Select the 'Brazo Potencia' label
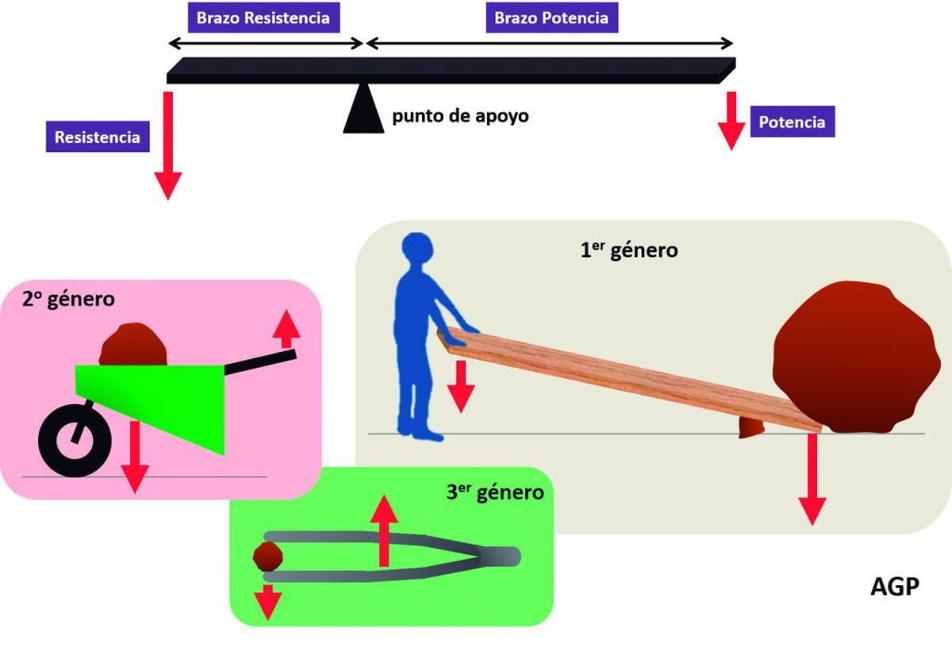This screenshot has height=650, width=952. (x=551, y=17)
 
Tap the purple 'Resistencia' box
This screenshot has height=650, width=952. (x=97, y=137)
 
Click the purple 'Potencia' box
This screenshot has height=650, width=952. (x=792, y=122)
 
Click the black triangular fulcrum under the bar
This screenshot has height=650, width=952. (x=363, y=110)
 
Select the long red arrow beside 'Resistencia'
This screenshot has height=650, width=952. (x=168, y=147)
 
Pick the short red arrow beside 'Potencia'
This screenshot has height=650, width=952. (x=731, y=121)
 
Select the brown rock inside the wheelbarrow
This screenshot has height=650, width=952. (x=133, y=346)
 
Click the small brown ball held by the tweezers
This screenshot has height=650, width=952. (x=267, y=556)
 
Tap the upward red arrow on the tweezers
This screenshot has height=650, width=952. (x=385, y=529)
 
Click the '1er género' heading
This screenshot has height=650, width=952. (x=628, y=250)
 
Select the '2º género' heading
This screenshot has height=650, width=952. (x=68, y=300)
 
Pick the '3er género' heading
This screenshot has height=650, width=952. (x=495, y=492)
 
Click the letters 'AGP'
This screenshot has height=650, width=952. (x=895, y=587)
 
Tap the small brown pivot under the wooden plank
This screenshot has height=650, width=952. (x=750, y=428)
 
